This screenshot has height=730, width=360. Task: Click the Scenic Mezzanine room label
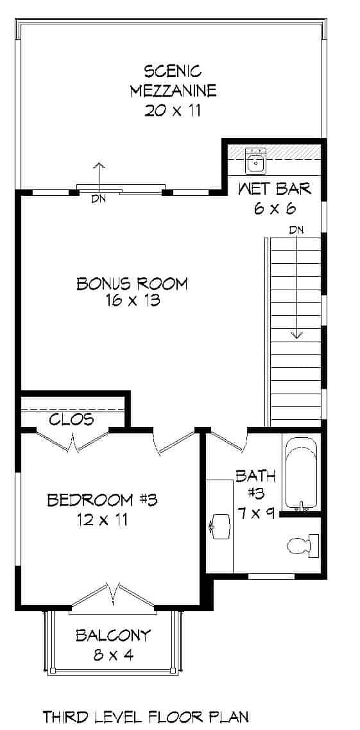[173, 80]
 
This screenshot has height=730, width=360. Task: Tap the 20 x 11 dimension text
[173, 110]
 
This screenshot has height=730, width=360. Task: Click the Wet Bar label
[275, 189]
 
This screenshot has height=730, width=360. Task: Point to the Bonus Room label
[132, 283]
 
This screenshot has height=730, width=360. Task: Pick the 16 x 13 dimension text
[133, 300]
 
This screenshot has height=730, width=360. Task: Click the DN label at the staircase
[296, 230]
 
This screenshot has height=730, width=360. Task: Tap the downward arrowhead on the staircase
[296, 334]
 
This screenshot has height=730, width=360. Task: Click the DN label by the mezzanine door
[98, 199]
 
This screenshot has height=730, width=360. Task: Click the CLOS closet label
[71, 420]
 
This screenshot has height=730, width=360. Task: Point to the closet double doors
[74, 441]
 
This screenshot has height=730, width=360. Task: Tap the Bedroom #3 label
[102, 500]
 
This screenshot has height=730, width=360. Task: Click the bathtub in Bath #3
[300, 473]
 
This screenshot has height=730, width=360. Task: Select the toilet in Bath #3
[300, 545]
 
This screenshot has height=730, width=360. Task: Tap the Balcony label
[113, 636]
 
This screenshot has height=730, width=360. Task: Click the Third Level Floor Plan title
[145, 717]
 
